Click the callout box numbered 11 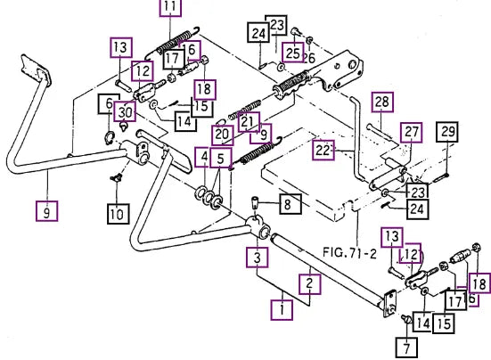[x=171, y=6]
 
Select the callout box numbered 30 [x=125, y=111]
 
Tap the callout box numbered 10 [x=119, y=214]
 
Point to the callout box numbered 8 [x=288, y=204]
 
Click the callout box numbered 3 [x=258, y=258]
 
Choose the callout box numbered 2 [x=310, y=284]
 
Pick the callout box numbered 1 [x=282, y=310]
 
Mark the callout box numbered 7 [x=406, y=348]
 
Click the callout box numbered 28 [x=382, y=102]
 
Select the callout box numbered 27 [x=412, y=133]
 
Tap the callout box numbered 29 [x=447, y=132]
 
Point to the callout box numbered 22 [x=323, y=151]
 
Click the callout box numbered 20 [x=223, y=135]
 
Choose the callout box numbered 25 [x=293, y=53]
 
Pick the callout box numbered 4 [x=204, y=157]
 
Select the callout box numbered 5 [x=221, y=159]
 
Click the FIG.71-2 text [x=349, y=252]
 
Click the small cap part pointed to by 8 [x=255, y=203]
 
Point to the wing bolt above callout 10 [x=117, y=178]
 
